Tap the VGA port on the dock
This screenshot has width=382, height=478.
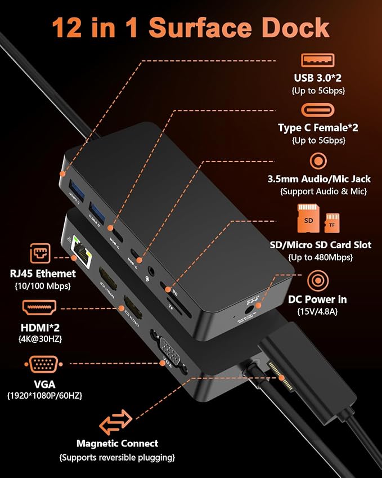coord(170,351)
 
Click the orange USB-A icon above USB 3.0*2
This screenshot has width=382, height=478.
coord(318,60)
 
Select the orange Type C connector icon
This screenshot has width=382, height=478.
coord(318,110)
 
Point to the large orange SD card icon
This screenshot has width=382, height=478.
coord(308,218)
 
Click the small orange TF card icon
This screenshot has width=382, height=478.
coord(332,223)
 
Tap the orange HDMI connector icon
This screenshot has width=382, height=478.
coord(39,308)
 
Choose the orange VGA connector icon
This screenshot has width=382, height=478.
coord(43,364)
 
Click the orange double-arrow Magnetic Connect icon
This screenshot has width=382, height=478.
coord(116,422)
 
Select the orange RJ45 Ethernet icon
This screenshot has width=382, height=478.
coord(40,253)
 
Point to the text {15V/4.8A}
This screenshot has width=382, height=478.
coord(317,311)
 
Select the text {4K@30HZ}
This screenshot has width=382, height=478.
coord(40,339)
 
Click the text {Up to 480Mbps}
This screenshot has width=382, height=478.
coord(321,257)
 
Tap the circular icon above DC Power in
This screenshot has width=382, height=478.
coord(318,281)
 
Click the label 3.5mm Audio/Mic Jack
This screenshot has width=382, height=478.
coord(319,179)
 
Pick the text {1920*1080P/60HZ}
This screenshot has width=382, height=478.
coord(44,396)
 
